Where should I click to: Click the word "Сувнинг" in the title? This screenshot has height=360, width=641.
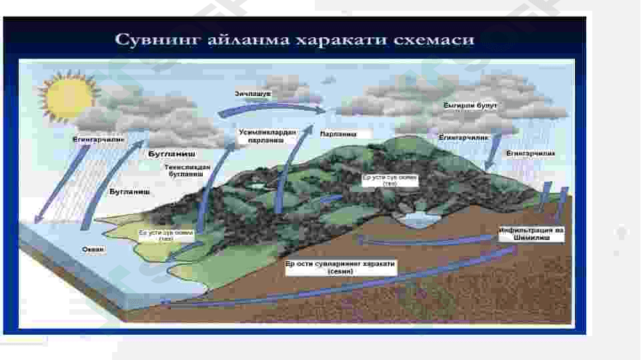[151, 39]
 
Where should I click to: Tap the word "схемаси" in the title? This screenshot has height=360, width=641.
[439, 39]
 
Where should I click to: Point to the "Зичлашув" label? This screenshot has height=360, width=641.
[252, 95]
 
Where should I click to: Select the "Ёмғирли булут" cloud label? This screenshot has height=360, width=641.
[470, 105]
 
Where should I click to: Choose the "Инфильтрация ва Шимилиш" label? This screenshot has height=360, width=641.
[532, 233]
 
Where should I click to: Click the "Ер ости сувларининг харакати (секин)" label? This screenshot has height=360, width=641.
[340, 267]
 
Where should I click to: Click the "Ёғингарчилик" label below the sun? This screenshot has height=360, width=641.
[98, 140]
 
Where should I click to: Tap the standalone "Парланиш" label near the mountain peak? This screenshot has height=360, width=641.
[338, 134]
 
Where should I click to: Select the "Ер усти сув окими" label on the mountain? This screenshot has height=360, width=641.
[390, 180]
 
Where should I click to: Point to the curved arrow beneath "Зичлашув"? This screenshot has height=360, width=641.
[280, 107]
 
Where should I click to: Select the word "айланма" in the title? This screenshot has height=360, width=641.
[238, 39]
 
